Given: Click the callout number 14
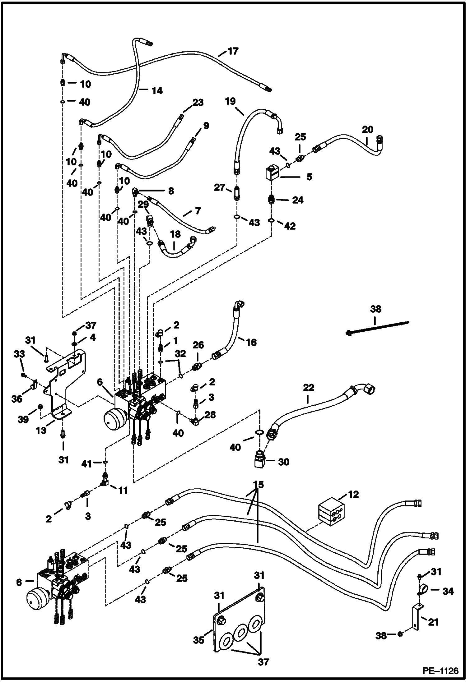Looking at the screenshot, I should coord(157,90).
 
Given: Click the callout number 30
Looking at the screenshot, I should coord(283,462).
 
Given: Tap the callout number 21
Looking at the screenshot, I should coord(433,622).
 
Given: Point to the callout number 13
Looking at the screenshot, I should coord(41,430).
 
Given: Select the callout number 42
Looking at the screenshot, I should coord(290,226).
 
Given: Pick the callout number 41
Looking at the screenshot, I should coord(87,464).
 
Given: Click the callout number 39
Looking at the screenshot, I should coord(23,420).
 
